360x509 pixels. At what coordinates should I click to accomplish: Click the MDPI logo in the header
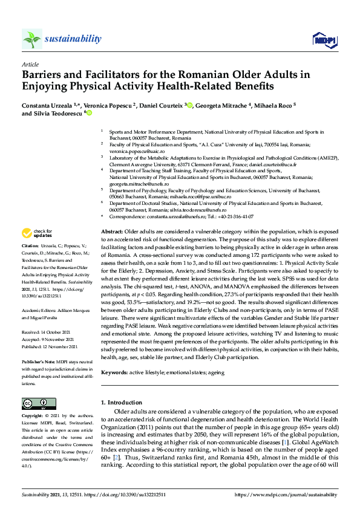coord(323,39)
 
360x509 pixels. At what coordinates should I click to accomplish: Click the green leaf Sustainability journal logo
coord(32,39)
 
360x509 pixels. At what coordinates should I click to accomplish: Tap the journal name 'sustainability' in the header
coord(73,39)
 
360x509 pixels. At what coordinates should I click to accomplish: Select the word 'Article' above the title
coord(30,63)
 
